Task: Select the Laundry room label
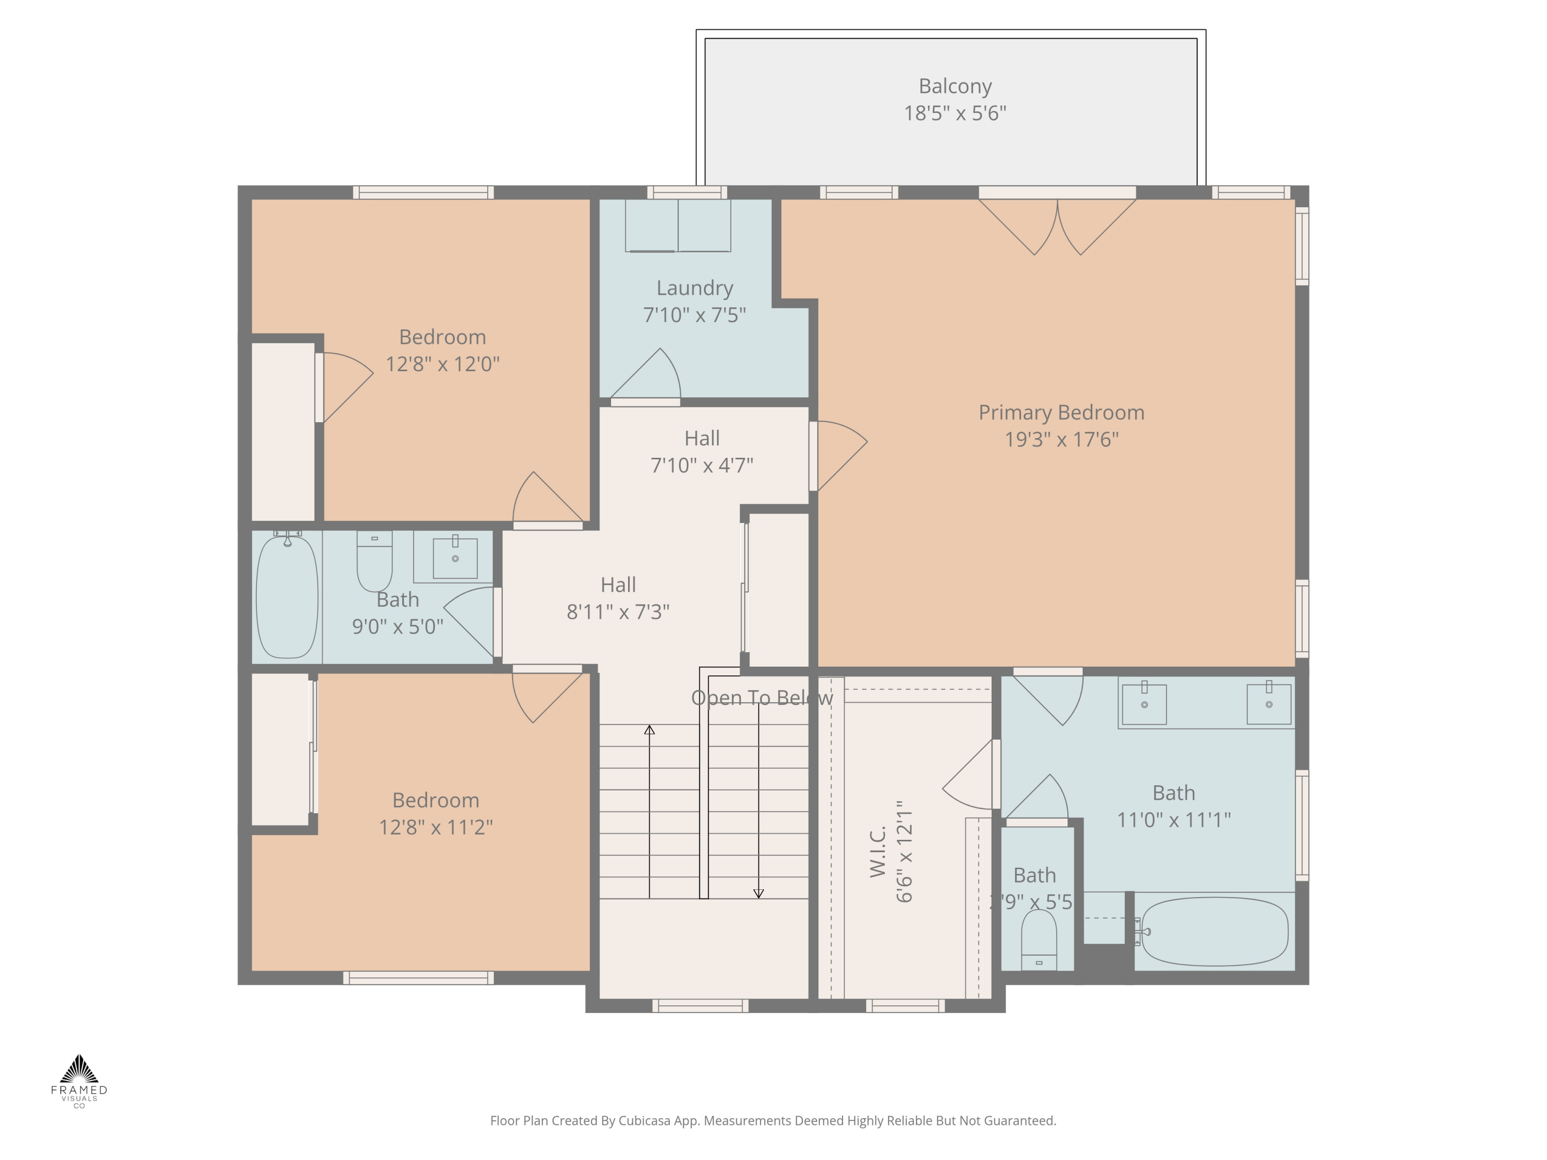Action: pyautogui.click(x=695, y=288)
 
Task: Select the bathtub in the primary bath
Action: pyautogui.click(x=1214, y=932)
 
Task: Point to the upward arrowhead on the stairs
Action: pyautogui.click(x=649, y=730)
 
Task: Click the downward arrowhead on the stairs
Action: pyautogui.click(x=758, y=893)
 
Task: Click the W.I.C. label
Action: pyautogui.click(x=878, y=851)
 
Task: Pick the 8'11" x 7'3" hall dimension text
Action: pyautogui.click(x=618, y=612)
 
